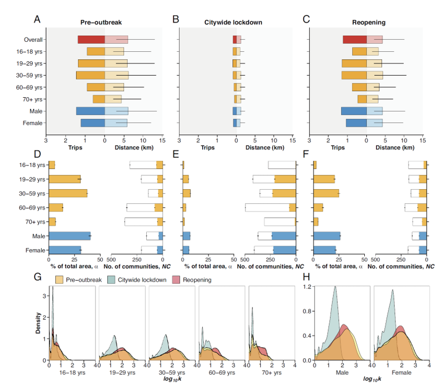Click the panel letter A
tap(37, 20)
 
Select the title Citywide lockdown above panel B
tap(233, 23)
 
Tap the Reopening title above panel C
tap(369, 23)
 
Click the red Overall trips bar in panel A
tap(91, 40)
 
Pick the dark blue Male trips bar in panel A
tap(90, 111)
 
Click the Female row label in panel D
tap(35, 250)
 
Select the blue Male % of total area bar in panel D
tap(69, 236)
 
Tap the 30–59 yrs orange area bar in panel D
tap(68, 193)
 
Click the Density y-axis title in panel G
tap(36, 324)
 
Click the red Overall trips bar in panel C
tap(354, 40)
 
